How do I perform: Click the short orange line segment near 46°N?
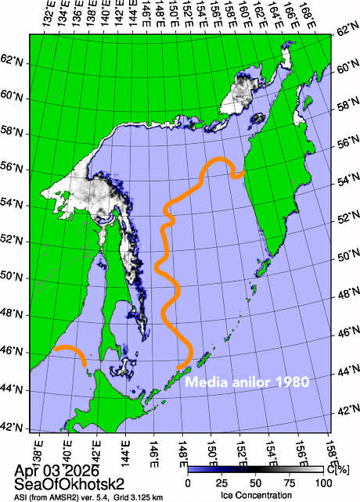click(x=70, y=353)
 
